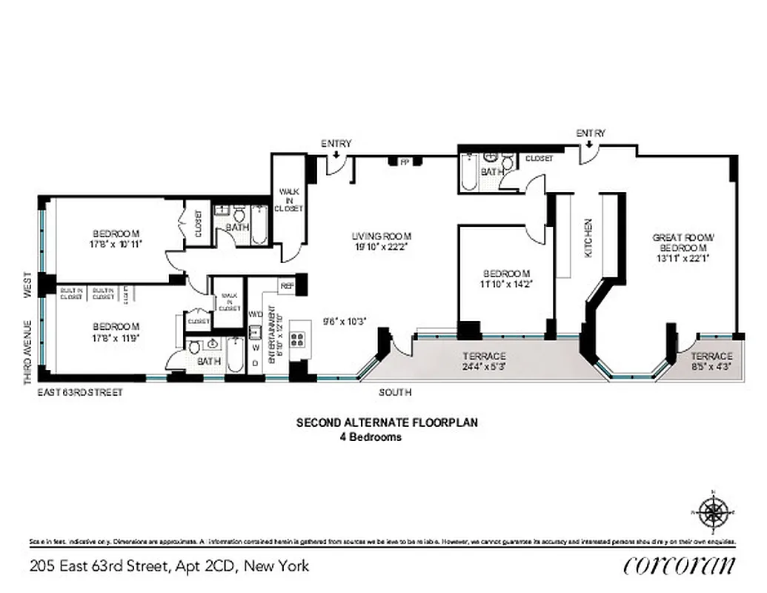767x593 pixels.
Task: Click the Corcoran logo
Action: coord(680,566)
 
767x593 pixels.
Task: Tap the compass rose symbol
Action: coord(714,512)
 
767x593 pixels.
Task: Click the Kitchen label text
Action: coord(589,237)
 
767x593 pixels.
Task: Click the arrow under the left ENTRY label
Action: coord(336,155)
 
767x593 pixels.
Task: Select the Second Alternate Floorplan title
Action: coord(387,423)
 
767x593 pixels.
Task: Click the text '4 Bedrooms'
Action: coord(371,437)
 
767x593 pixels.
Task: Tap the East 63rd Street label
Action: coord(81,392)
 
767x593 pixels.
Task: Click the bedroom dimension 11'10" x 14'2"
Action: coord(507,283)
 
